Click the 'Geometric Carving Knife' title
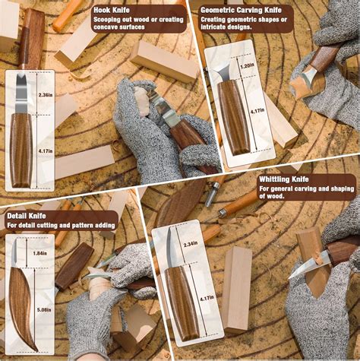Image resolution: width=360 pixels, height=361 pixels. point(242,11)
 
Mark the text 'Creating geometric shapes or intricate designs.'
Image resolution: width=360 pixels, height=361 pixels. point(245,24)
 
